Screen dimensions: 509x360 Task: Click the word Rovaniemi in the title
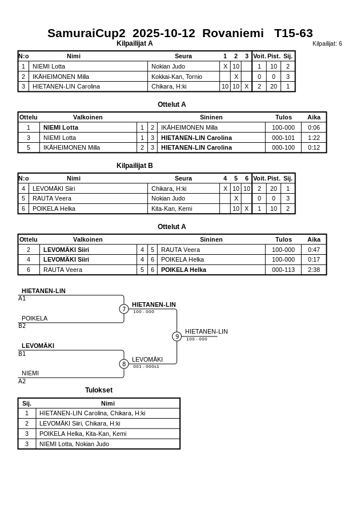coord(233,33)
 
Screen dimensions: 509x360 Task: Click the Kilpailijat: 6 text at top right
coord(327,44)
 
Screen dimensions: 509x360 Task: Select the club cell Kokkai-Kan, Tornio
coord(177,77)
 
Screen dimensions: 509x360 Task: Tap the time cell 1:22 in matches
coord(314,138)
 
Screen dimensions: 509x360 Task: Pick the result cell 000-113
coord(283,270)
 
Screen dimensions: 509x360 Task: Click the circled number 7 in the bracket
coord(124,309)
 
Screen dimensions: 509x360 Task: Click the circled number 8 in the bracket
coord(124,364)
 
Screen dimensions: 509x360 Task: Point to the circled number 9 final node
coord(177,336)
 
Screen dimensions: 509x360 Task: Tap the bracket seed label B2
coord(22,326)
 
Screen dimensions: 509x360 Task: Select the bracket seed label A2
coord(22,381)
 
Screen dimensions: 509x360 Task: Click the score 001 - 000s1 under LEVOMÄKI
coord(146,367)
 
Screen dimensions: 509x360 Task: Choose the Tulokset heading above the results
coord(99,390)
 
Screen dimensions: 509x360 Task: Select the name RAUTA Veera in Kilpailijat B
coord(52,198)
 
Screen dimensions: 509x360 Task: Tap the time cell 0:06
coord(314,127)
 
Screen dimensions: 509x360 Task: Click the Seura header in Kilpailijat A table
coord(183,56)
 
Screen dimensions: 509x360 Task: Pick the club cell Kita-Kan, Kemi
coord(171,209)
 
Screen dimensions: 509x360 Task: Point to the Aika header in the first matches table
coord(314,117)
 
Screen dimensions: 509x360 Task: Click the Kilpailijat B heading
coord(135,166)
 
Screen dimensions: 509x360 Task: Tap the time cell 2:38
coord(314,270)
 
